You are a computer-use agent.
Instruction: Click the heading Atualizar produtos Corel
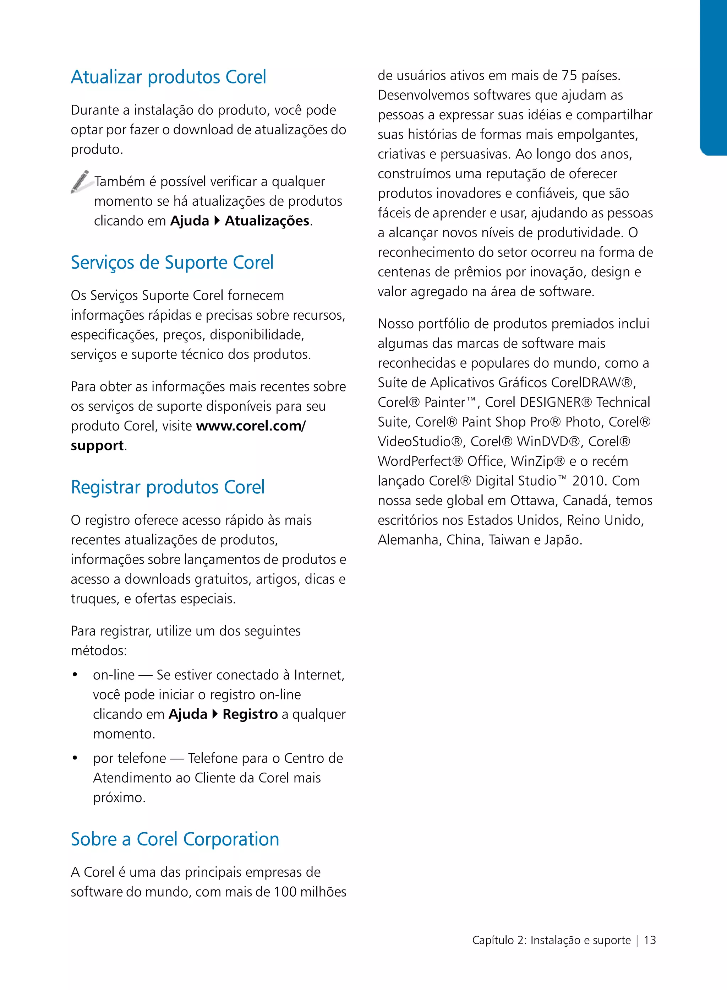click(x=169, y=77)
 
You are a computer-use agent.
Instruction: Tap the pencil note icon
click(x=80, y=182)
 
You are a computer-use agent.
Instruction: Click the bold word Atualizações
click(x=267, y=221)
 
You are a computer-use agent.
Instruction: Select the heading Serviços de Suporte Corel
click(x=172, y=263)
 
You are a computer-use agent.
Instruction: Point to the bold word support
click(x=97, y=446)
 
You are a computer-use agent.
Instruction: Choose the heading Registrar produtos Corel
click(x=168, y=487)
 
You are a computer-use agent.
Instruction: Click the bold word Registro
click(x=250, y=714)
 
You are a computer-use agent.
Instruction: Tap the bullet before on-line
click(x=75, y=675)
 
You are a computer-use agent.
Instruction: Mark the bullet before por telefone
click(x=75, y=758)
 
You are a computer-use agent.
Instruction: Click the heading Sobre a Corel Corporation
click(x=175, y=839)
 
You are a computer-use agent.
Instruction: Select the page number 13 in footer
click(x=650, y=940)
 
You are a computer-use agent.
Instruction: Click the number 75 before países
click(x=569, y=76)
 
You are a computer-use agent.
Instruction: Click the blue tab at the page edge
click(x=714, y=77)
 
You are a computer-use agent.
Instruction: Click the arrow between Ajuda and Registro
click(x=215, y=714)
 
